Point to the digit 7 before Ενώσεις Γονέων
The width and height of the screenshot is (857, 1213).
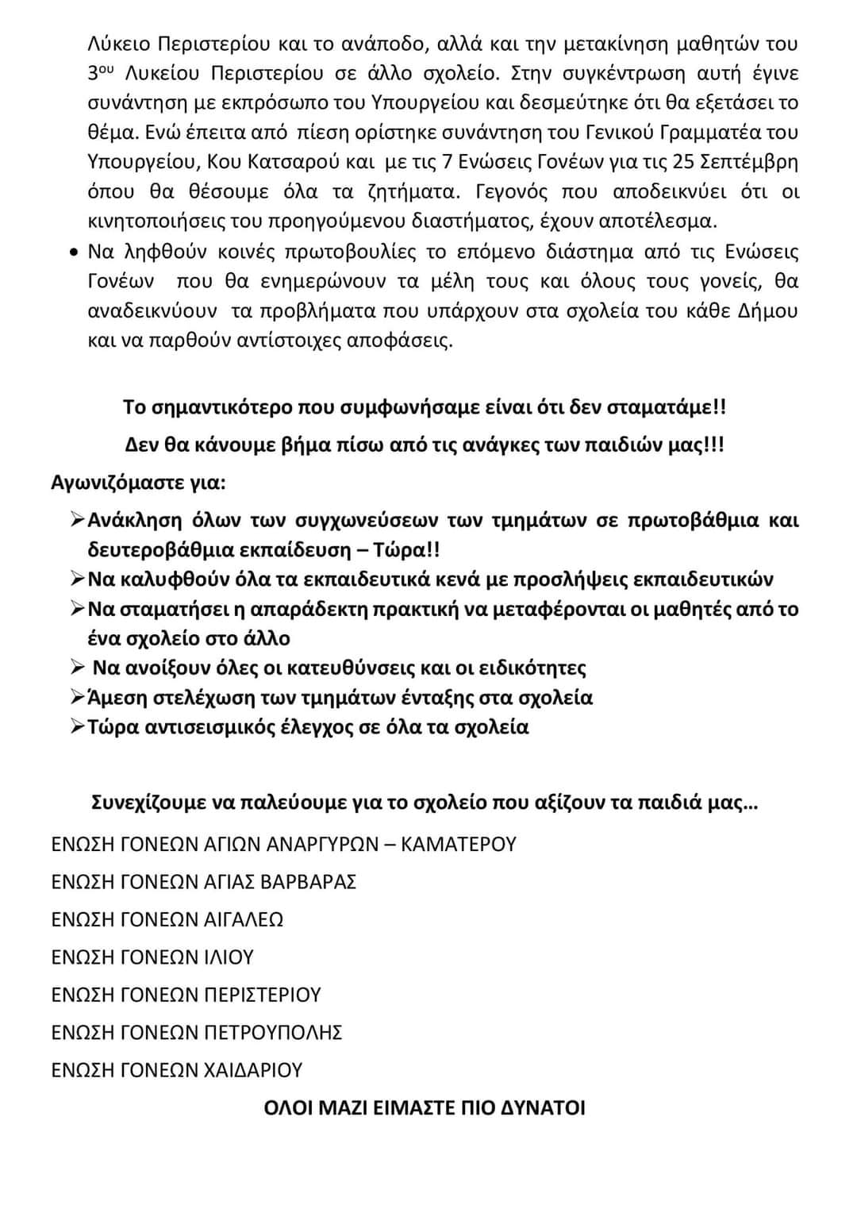[448, 162]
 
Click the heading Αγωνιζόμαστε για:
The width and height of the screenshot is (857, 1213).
[138, 483]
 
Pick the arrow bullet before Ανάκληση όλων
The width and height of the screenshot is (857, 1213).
[77, 520]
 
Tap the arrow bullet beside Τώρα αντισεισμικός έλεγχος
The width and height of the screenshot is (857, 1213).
[77, 726]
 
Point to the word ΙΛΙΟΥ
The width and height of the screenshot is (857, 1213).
[229, 957]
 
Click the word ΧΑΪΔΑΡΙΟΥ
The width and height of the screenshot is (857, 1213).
[253, 1070]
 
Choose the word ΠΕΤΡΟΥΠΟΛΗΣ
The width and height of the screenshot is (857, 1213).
[273, 1033]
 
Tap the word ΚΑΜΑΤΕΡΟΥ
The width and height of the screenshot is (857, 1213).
[459, 844]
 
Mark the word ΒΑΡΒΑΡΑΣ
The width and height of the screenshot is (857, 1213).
[309, 882]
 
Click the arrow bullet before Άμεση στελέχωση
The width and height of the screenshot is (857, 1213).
[77, 697]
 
